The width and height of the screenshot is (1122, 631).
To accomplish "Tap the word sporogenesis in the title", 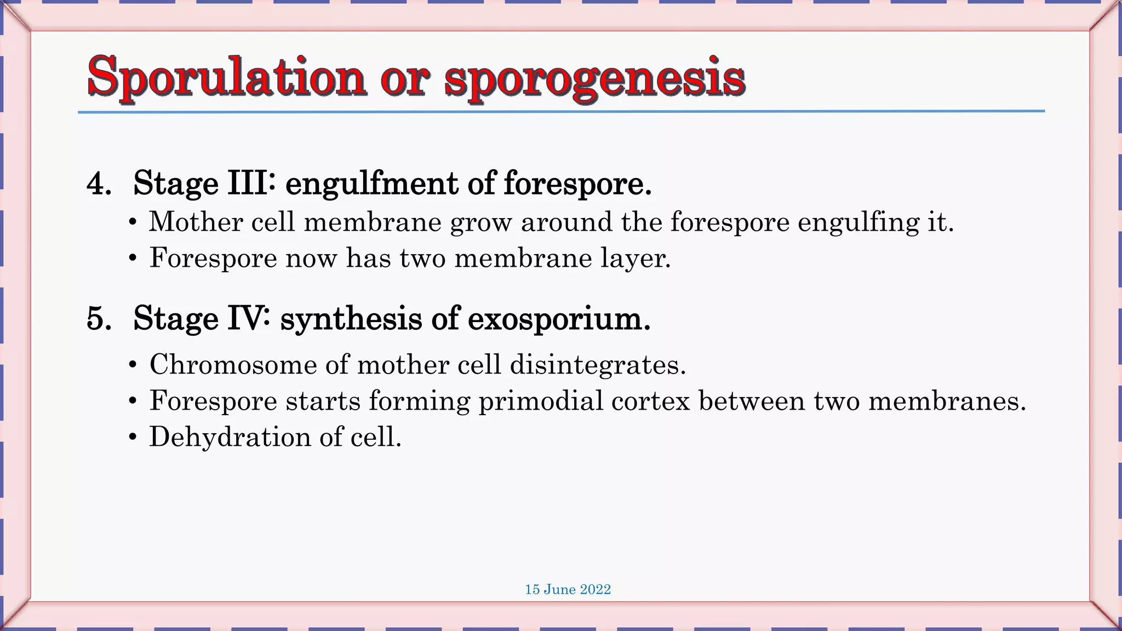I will tap(594, 80).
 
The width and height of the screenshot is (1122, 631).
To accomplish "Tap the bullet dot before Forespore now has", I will tap(133, 258).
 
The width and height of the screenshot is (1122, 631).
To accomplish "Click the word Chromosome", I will tap(233, 364).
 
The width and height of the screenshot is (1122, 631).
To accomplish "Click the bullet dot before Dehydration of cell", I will tap(133, 438).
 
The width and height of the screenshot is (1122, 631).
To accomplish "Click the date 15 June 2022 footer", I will tap(568, 589).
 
